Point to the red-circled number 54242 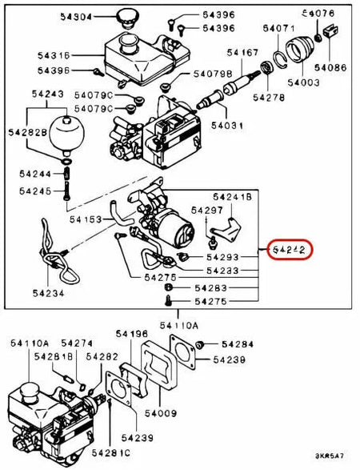[x=290, y=250]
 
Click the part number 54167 [x=242, y=54]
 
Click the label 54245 [x=34, y=191]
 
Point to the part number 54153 [x=86, y=218]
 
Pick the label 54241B [x=233, y=196]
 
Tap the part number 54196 [x=132, y=334]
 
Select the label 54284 [x=238, y=344]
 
